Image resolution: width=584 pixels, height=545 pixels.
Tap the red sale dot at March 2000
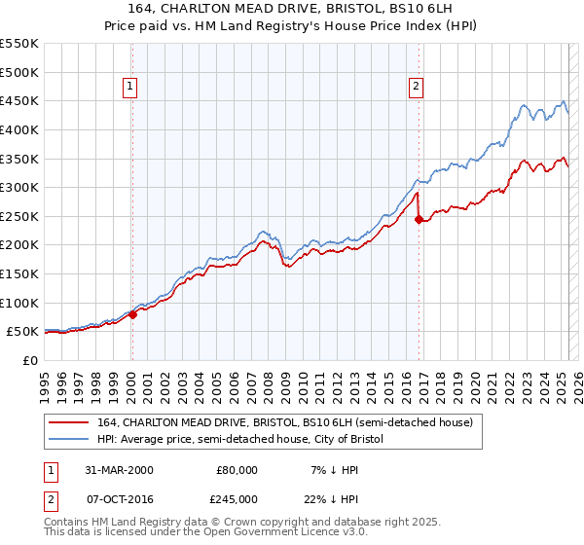click(133, 314)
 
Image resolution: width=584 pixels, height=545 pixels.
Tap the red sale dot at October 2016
click(418, 219)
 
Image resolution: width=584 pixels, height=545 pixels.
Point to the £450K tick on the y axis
click(18, 100)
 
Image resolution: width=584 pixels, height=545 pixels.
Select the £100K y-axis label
click(18, 303)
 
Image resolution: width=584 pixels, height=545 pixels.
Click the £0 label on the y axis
click(29, 360)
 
